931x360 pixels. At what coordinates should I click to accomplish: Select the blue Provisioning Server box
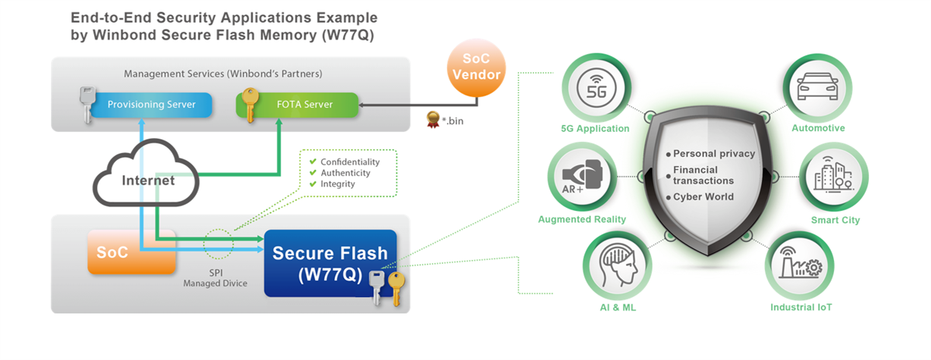[x=151, y=104]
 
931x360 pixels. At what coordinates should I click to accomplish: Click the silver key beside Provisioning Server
[x=87, y=104]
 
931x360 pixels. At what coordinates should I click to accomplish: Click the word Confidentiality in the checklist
[x=350, y=162]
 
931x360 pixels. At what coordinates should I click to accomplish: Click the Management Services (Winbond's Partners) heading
[x=223, y=74]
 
